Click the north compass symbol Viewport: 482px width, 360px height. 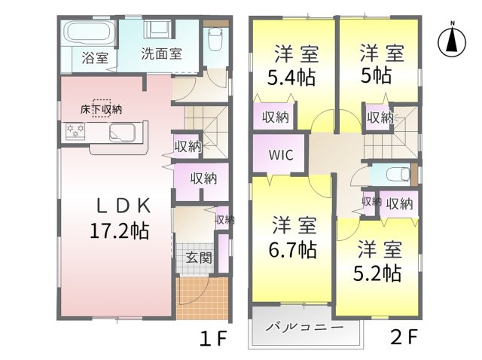pyautogui.click(x=452, y=41)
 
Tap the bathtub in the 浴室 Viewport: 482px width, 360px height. pyautogui.click(x=90, y=32)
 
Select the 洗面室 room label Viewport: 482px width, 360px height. pyautogui.click(x=162, y=53)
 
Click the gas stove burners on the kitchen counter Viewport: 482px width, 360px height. pyautogui.click(x=75, y=131)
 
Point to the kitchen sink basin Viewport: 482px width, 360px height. pyautogui.click(x=122, y=133)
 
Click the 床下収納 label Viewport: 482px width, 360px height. pyautogui.click(x=101, y=109)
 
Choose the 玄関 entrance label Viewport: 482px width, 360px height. pyautogui.click(x=199, y=258)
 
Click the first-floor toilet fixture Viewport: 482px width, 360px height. pyautogui.click(x=215, y=40)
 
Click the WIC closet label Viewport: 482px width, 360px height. pyautogui.click(x=281, y=155)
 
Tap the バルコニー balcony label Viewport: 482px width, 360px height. pyautogui.click(x=304, y=327)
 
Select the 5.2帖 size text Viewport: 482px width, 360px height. pyautogui.click(x=377, y=273)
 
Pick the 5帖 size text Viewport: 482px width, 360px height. pyautogui.click(x=376, y=75)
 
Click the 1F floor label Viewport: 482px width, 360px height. pyautogui.click(x=213, y=337)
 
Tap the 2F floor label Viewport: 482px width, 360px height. pyautogui.click(x=404, y=337)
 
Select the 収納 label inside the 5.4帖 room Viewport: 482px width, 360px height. pyautogui.click(x=276, y=117)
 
